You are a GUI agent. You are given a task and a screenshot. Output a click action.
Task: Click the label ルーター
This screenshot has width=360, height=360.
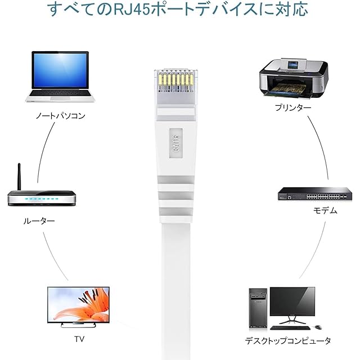click(x=39, y=221)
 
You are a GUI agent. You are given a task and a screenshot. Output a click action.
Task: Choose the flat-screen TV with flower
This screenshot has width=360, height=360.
click(x=78, y=307)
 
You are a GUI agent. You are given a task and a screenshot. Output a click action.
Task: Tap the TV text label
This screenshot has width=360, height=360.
click(x=79, y=339)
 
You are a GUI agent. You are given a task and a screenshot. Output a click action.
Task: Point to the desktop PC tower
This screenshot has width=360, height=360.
click(x=258, y=309)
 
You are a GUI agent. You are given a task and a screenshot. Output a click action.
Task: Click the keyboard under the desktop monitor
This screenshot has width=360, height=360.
click(x=289, y=327)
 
